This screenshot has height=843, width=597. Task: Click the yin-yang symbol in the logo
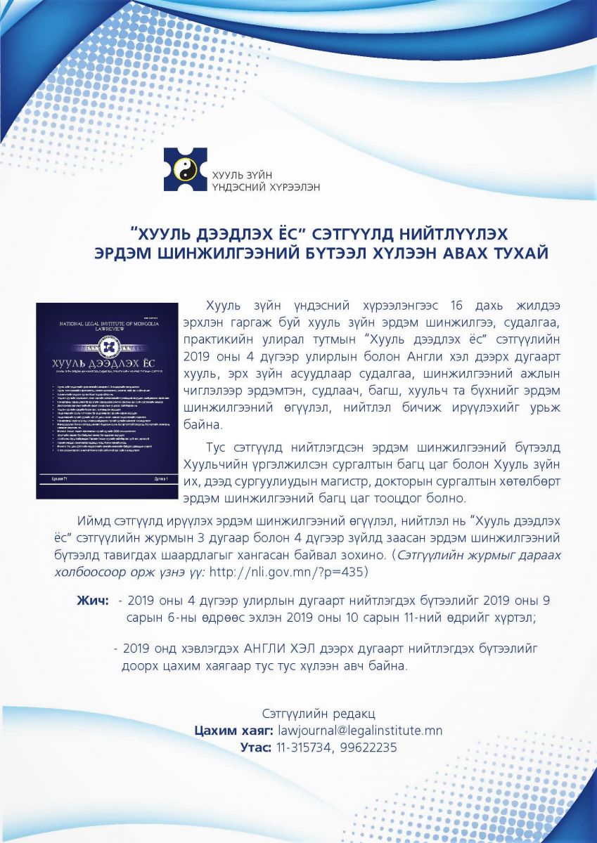click(186, 169)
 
